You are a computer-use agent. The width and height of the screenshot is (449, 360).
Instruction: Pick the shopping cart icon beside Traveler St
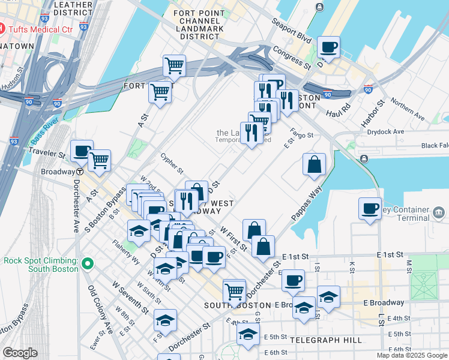100,160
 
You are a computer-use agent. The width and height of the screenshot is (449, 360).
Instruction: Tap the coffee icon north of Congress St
328,47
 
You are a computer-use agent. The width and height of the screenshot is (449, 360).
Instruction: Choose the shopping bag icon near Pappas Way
314,164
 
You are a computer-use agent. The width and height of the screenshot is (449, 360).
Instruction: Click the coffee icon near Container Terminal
370,209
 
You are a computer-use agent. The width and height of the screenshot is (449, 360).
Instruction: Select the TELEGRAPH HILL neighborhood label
326,340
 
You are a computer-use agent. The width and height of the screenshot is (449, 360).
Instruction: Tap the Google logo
20,353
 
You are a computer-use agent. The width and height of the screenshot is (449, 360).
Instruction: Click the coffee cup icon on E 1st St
293,280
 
